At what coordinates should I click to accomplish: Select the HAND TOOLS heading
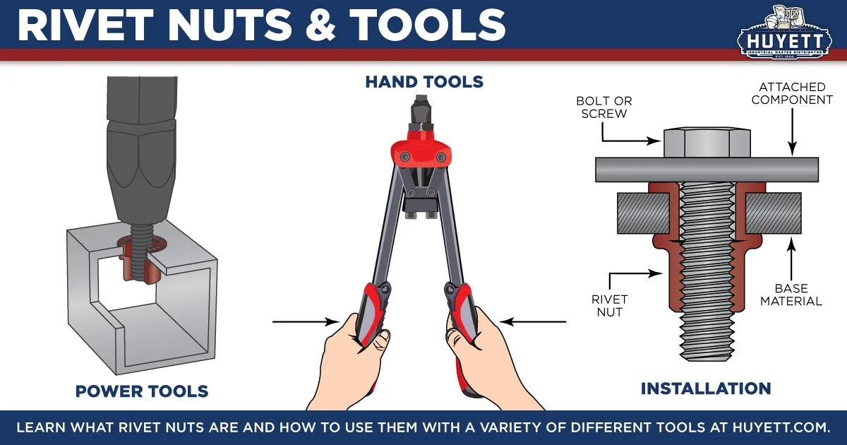click(x=423, y=82)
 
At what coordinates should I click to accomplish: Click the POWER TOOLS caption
click(x=141, y=391)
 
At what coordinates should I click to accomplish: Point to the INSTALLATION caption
click(x=705, y=388)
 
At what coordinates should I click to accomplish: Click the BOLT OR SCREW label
click(x=606, y=107)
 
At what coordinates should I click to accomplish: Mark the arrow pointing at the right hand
click(x=538, y=322)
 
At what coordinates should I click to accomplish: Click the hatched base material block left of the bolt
click(x=642, y=213)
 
